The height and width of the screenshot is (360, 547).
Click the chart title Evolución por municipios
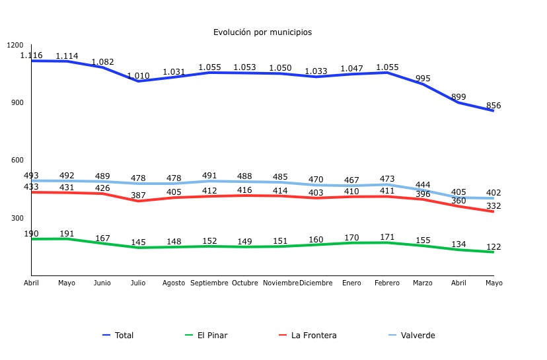tap(262, 32)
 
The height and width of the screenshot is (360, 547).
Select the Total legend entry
tap(124, 336)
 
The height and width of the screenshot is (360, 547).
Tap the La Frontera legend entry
tap(313, 336)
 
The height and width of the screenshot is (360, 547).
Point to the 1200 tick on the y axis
tap(15, 45)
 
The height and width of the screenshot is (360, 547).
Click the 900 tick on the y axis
tap(16, 102)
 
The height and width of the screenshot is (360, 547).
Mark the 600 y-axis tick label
tap(16, 161)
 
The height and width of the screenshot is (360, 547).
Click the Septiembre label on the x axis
tap(209, 283)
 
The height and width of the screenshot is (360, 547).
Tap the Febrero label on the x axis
tap(387, 283)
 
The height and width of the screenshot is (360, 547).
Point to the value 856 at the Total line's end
tap(493, 106)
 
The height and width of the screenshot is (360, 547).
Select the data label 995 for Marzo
tap(423, 79)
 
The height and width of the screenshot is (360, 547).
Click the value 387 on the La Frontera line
tap(138, 196)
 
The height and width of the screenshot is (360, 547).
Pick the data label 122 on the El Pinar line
tap(493, 247)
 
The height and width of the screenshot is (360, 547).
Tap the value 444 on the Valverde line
tap(423, 185)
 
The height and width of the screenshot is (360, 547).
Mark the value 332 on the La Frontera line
tap(493, 206)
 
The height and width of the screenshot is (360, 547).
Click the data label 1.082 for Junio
tap(102, 62)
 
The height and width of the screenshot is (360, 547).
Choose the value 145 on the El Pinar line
tap(138, 242)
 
